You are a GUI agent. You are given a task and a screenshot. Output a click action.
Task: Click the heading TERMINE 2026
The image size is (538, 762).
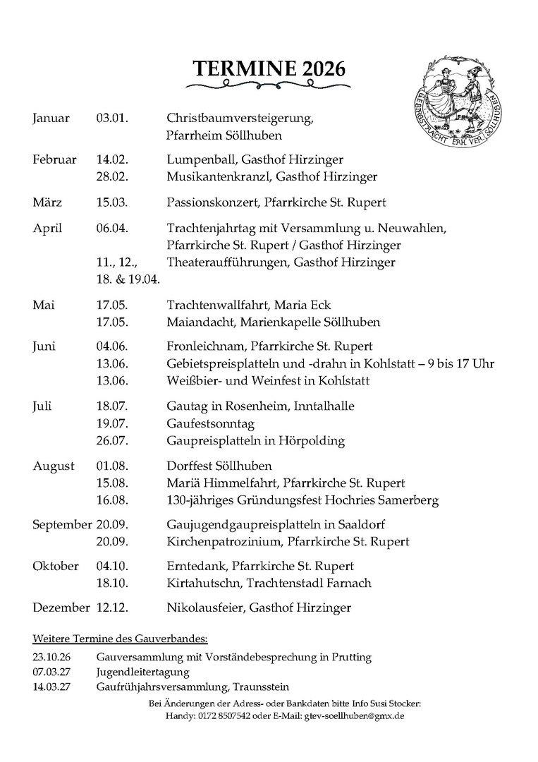tap(269, 68)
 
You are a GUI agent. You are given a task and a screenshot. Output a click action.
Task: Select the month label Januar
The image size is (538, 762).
tap(51, 118)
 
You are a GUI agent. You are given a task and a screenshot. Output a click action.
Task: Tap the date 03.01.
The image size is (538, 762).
tap(111, 118)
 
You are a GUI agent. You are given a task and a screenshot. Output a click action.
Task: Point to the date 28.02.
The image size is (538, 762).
tap(111, 176)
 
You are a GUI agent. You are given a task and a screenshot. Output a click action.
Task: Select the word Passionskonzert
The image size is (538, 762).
tap(212, 203)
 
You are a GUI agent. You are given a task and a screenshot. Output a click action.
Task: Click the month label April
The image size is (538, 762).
tap(47, 229)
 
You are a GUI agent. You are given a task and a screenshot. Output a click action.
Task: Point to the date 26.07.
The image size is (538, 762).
tap(111, 441)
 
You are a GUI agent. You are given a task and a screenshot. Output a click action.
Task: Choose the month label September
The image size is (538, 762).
tap(62, 526)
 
